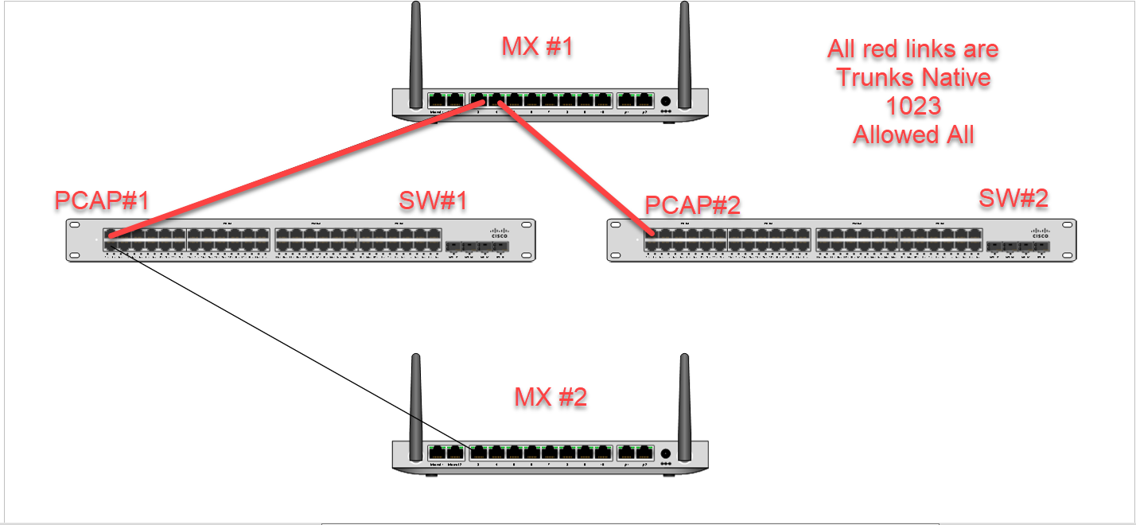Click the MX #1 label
click(537, 47)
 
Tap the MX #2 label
click(550, 396)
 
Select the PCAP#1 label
click(102, 200)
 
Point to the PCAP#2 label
click(692, 204)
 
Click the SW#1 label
click(433, 200)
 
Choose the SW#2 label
click(1013, 198)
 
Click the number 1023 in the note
click(913, 106)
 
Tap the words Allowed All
click(913, 135)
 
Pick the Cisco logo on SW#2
click(1041, 231)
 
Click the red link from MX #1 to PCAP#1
click(294, 168)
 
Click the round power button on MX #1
click(665, 101)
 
